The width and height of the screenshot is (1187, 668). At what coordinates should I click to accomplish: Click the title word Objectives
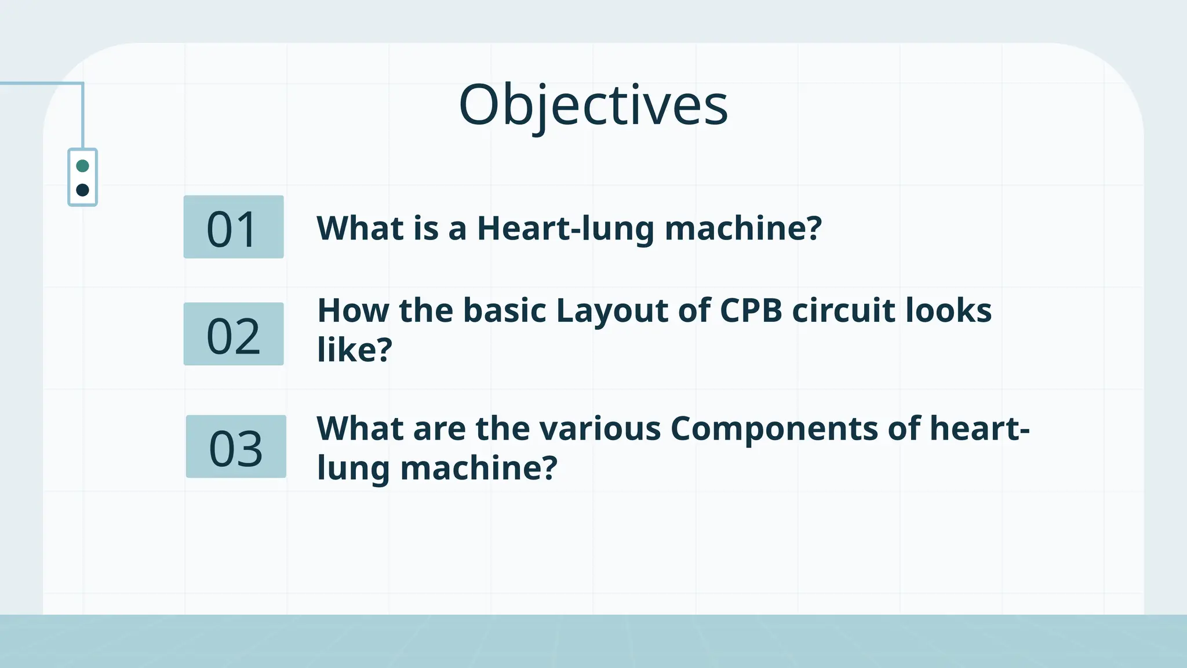(x=593, y=106)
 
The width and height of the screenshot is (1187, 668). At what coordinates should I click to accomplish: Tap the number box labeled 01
(x=234, y=227)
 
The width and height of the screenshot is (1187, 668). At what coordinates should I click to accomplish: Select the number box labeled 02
(x=234, y=335)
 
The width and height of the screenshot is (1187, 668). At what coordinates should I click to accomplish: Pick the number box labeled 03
(x=236, y=447)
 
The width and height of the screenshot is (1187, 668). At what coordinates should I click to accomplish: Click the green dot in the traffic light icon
(x=82, y=166)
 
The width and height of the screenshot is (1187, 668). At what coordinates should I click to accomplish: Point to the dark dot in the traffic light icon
(x=82, y=190)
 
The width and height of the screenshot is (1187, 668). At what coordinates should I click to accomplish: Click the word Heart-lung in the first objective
(x=566, y=228)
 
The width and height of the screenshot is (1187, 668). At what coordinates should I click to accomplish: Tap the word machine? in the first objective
(x=743, y=228)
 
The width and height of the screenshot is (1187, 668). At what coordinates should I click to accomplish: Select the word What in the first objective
(x=360, y=228)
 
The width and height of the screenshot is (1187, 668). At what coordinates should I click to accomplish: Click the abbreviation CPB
(x=751, y=311)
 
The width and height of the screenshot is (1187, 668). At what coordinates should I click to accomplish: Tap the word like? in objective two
(x=355, y=350)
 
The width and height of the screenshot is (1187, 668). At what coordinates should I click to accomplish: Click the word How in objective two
(x=353, y=311)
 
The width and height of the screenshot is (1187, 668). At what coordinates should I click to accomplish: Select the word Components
(x=774, y=430)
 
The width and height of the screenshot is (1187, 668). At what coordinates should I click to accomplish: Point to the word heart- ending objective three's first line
(x=980, y=429)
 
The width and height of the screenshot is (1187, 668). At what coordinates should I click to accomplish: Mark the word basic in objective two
(x=504, y=311)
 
